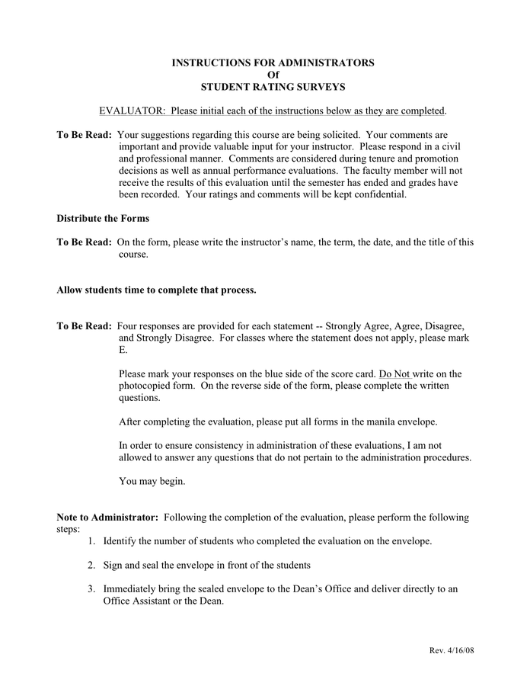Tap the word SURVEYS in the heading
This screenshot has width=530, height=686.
pyautogui.click(x=318, y=87)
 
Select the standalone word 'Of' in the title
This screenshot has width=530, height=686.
pyautogui.click(x=265, y=75)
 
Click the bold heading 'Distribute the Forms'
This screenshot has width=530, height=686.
pyautogui.click(x=103, y=219)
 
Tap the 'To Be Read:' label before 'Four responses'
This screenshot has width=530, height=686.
pyautogui.click(x=84, y=325)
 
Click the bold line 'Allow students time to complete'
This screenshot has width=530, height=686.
pyautogui.click(x=156, y=290)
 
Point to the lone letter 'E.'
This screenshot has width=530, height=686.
pyautogui.click(x=123, y=350)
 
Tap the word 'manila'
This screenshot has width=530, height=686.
pyautogui.click(x=369, y=422)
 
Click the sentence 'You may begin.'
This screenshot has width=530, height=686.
pyautogui.click(x=152, y=482)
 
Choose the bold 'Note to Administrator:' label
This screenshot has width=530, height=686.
pyautogui.click(x=107, y=518)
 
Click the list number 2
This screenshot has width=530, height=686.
pyautogui.click(x=91, y=566)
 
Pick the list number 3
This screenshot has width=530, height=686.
pyautogui.click(x=91, y=589)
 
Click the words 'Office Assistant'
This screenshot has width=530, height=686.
pyautogui.click(x=139, y=601)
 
